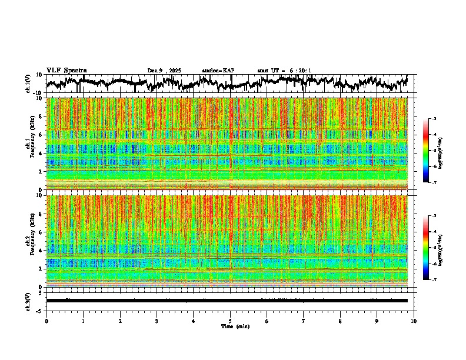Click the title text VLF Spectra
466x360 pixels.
tap(66, 71)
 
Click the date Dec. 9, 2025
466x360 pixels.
tap(164, 71)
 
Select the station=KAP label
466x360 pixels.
tap(218, 71)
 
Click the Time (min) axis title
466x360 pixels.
tap(234, 326)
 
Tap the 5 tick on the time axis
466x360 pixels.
tap(230, 321)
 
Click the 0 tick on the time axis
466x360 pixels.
tap(46, 321)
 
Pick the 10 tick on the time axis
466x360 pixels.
tap(414, 321)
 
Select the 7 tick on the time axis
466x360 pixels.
tap(304, 321)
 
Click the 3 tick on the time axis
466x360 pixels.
tap(157, 321)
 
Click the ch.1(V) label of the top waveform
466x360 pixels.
tap(28, 84)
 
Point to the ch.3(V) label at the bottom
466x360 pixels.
tap(28, 301)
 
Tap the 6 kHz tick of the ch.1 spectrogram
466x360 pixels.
tap(41, 135)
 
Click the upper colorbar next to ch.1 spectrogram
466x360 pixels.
tap(432, 151)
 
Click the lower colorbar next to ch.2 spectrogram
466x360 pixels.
tap(432, 248)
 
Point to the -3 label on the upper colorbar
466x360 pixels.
tap(441, 119)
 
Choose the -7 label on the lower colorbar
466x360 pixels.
tap(441, 280)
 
